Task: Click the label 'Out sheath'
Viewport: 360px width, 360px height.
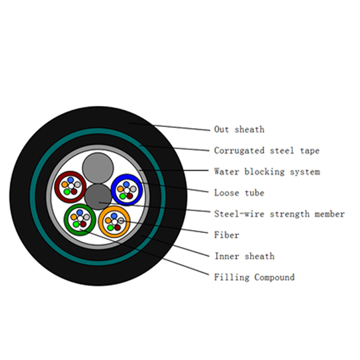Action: [239, 130]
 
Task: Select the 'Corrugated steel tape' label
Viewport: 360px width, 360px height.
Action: [267, 151]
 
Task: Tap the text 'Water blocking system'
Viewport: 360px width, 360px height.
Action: [267, 172]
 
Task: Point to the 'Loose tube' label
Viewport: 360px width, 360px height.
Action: [239, 193]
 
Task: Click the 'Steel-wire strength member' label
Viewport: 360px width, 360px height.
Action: [279, 214]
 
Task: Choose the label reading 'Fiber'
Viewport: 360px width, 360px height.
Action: [227, 235]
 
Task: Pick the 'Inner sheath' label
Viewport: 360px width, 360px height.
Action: [244, 256]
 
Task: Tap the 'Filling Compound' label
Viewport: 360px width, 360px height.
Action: [254, 277]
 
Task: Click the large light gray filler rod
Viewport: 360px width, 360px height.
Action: [98, 168]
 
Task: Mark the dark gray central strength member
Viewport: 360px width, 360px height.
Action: [98, 197]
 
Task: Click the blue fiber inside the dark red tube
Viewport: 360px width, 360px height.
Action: [71, 180]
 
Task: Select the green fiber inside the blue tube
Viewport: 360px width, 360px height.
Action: [123, 196]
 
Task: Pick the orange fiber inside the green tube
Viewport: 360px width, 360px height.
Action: [74, 217]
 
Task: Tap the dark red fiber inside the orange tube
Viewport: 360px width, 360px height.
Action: [117, 228]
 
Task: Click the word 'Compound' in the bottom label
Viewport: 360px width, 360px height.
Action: [274, 277]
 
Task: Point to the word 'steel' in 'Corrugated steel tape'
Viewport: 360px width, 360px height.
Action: [282, 151]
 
